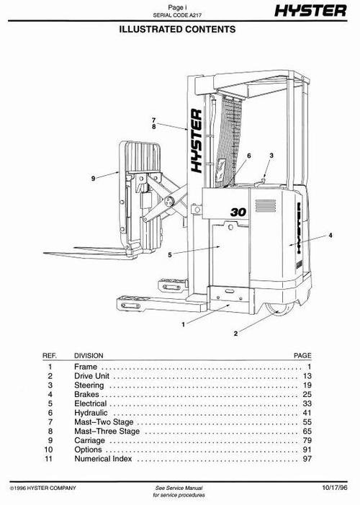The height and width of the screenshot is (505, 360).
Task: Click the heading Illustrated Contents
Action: pos(179,30)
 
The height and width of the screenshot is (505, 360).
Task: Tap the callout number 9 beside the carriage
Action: pos(93,177)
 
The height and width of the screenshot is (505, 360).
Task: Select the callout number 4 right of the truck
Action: pos(330,236)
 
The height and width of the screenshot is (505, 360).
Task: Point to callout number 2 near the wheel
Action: pos(235,334)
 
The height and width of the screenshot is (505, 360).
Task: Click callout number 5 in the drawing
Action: pos(170,254)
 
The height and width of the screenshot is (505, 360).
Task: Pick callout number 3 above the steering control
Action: pos(271,156)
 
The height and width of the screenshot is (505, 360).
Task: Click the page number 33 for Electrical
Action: pos(306,405)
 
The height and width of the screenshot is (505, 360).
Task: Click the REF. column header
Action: pos(50,355)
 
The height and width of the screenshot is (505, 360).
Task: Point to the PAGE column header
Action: pos(302,355)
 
